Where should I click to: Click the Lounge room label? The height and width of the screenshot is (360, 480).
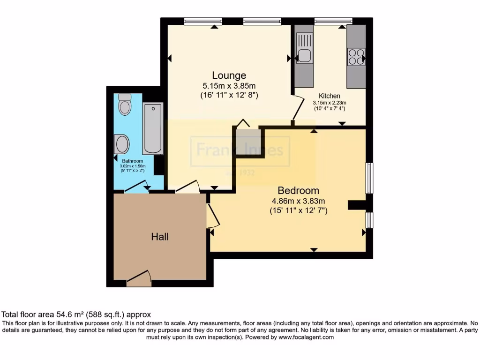pyautogui.click(x=229, y=75)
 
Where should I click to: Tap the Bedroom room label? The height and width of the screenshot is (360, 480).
pyautogui.click(x=298, y=191)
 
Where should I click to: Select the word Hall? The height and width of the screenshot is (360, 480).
pyautogui.click(x=159, y=237)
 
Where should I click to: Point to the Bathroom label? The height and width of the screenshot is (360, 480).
pyautogui.click(x=132, y=161)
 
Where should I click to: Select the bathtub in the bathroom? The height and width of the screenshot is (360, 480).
pyautogui.click(x=153, y=128)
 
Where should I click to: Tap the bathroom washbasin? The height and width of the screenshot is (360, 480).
pyautogui.click(x=122, y=144)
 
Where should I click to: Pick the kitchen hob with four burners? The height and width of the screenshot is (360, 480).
pyautogui.click(x=356, y=56)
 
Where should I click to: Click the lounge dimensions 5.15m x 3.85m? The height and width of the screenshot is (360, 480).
pyautogui.click(x=229, y=86)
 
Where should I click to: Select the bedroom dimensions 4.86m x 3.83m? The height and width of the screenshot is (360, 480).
pyautogui.click(x=298, y=201)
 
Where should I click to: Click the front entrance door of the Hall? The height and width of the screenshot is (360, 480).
pyautogui.click(x=139, y=280)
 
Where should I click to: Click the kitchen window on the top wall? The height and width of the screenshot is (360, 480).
pyautogui.click(x=333, y=20)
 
